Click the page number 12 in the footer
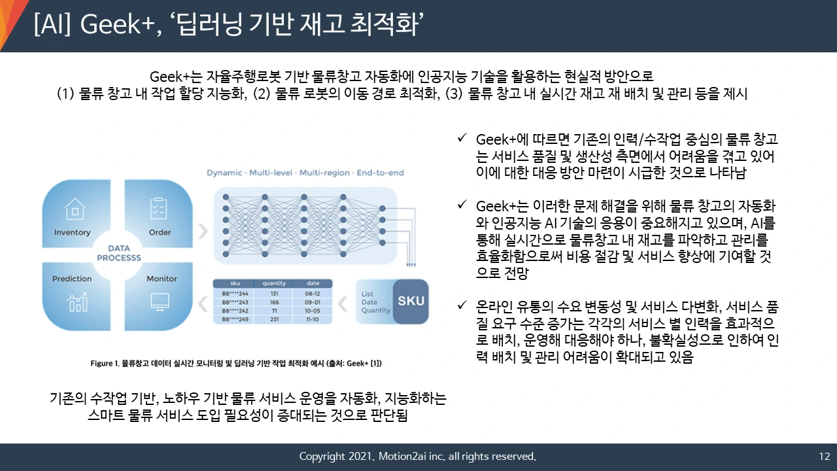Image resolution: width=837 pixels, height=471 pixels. [824, 456]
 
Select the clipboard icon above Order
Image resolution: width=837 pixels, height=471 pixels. [159, 208]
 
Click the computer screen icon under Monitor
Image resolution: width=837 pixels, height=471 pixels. [160, 302]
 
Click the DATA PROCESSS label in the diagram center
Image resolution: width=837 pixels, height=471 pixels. [118, 253]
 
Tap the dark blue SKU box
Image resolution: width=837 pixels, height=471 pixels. [411, 301]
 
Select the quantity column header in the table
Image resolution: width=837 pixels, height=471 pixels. [274, 283]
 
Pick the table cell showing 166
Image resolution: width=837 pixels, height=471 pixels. [274, 302]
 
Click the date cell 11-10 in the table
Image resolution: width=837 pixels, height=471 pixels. [313, 319]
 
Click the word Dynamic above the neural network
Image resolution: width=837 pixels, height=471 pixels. [224, 173]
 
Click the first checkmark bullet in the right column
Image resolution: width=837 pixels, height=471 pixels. [462, 139]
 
